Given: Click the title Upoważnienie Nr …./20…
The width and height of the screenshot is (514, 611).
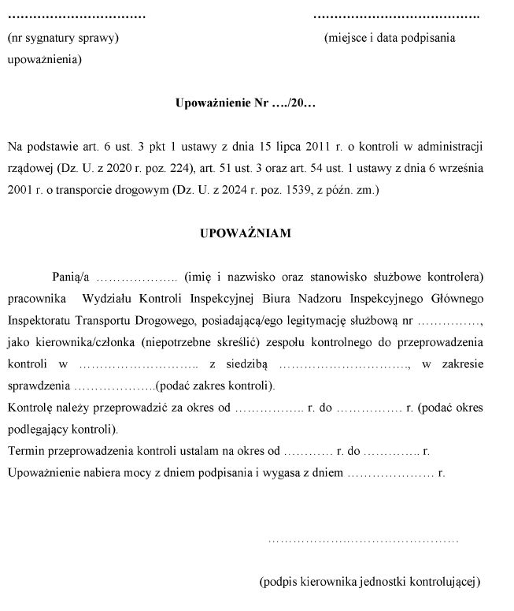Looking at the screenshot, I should point(246,103).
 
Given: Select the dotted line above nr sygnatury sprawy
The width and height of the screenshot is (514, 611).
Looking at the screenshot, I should point(76,16).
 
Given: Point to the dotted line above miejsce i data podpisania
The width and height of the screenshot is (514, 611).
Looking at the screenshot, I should point(397,16).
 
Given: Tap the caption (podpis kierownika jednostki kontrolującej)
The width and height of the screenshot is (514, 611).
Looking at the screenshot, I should point(369,582).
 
